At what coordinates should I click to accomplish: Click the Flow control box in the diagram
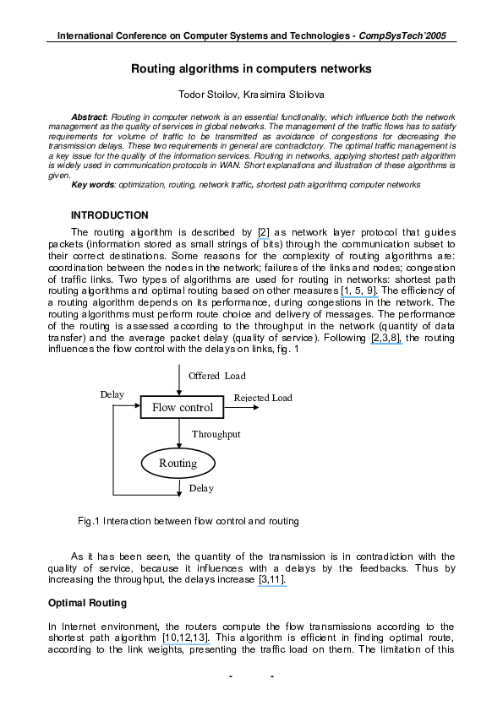point(182,407)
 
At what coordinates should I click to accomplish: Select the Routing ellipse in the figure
point(178,464)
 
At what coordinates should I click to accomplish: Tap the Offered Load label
point(217,376)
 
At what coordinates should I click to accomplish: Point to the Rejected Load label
point(263,398)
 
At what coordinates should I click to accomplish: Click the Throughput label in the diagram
point(216,434)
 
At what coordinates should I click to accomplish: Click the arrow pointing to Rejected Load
point(242,407)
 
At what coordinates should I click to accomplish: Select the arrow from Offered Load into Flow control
point(179,380)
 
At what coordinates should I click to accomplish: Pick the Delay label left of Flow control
point(112,394)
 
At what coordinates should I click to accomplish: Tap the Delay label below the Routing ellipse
point(201,488)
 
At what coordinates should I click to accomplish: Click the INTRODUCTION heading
point(109,215)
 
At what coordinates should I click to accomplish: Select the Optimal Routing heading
point(87,603)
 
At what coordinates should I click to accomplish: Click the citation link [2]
point(264,232)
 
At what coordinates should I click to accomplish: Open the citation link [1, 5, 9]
point(359,290)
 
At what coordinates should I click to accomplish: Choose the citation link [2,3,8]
point(386,338)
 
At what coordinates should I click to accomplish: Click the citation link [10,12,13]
point(186,638)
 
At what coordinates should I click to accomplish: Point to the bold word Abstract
point(89,117)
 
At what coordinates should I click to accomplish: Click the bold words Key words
point(93,185)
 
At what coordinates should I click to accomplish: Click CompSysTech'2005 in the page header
point(402,35)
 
